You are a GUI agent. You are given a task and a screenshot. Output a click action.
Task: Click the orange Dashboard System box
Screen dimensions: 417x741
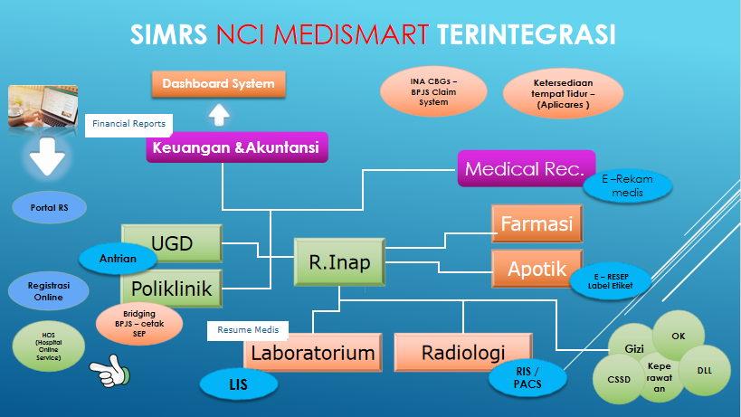(218, 85)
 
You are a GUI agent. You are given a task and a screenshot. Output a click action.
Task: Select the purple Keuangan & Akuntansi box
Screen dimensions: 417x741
(235, 148)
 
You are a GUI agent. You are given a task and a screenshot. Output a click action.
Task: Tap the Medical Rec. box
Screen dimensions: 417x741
(525, 168)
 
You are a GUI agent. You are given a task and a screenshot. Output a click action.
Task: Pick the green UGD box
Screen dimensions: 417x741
(172, 243)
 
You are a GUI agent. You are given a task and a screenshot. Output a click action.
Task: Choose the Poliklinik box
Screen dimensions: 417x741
(172, 289)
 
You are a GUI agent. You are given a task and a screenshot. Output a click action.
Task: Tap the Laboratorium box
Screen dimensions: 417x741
(313, 353)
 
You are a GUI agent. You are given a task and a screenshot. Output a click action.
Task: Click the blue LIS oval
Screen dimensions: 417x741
(239, 384)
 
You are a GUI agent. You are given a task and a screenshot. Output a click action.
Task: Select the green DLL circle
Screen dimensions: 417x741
(705, 370)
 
